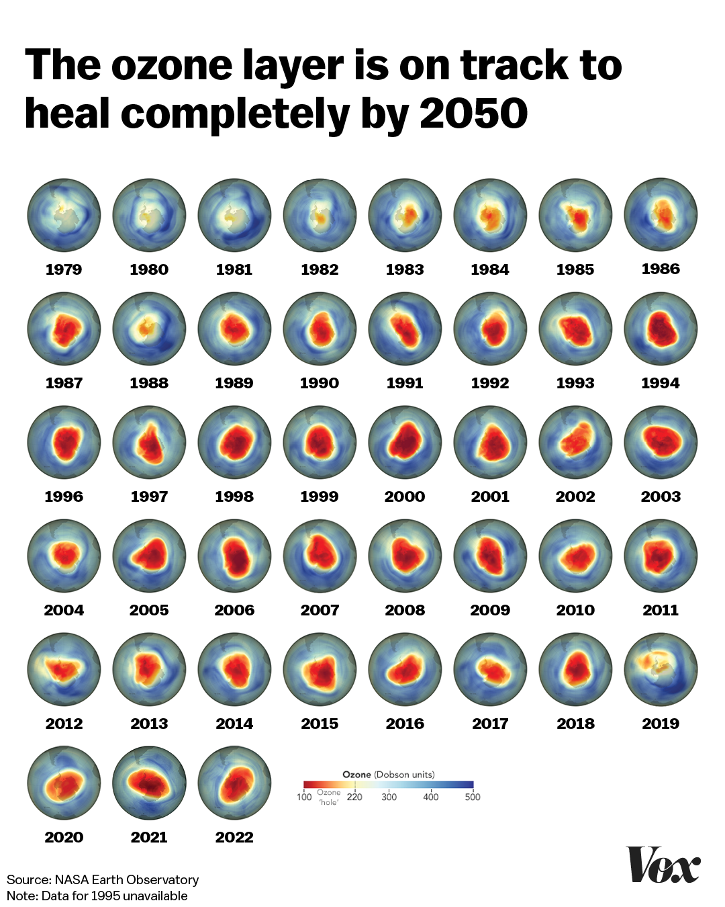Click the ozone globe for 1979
[64, 215]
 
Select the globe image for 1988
[149, 329]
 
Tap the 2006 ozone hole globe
[235, 556]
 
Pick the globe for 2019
[661, 669]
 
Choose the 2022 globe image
[235, 783]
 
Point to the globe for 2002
[575, 442]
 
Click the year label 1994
[661, 383]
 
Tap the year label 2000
[405, 496]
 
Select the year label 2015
[320, 724]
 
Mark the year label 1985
[575, 269]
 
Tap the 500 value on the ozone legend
[473, 797]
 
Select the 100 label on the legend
[304, 797]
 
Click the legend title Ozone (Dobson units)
[389, 774]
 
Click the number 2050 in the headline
[474, 113]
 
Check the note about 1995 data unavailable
[97, 896]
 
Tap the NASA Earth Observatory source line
[103, 879]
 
